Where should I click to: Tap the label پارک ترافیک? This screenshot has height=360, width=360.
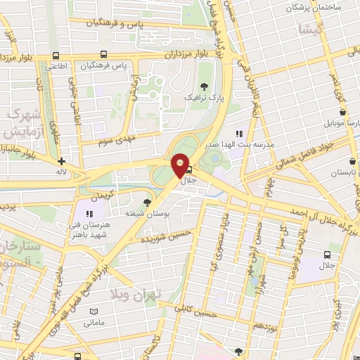tap(199, 98)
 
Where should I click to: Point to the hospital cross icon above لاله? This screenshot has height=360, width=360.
tap(62, 161)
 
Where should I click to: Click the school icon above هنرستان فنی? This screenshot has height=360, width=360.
tap(89, 213)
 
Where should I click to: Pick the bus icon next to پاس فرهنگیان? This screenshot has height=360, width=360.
tap(104, 53)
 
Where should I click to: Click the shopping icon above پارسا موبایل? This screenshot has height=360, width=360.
tap(342, 112)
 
